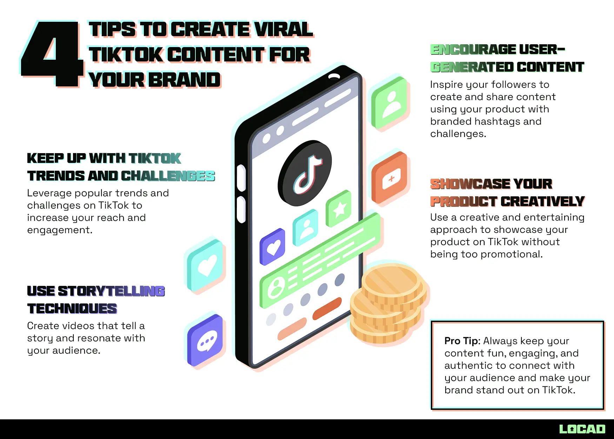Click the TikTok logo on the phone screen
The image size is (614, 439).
(305, 173)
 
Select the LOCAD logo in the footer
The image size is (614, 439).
(582, 429)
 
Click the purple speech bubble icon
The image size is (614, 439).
(206, 340)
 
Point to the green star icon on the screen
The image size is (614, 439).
(339, 209)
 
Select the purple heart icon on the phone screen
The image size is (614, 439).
(273, 247)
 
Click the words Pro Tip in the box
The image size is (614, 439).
(461, 341)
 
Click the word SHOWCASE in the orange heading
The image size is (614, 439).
(470, 184)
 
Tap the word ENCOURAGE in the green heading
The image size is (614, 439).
(473, 50)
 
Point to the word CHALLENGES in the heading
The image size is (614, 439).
(168, 176)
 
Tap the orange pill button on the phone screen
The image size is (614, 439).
(327, 309)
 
